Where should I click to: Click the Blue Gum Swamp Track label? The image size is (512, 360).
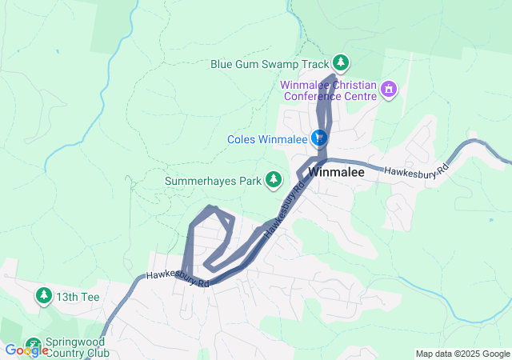[x=270, y=63]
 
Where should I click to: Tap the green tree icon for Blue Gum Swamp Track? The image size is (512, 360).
[x=341, y=62]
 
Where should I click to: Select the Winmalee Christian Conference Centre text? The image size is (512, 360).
[x=328, y=90]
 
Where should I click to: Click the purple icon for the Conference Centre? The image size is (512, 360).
[x=389, y=88]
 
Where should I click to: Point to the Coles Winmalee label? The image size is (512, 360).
[x=267, y=139]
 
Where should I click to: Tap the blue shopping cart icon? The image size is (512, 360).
[x=320, y=138]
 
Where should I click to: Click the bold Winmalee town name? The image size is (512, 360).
[x=336, y=172]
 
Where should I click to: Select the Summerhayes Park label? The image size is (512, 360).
[x=214, y=181]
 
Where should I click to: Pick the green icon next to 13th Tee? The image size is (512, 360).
[x=42, y=296]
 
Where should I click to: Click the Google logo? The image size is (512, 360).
[x=26, y=350]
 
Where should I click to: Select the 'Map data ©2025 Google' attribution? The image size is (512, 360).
[x=462, y=354]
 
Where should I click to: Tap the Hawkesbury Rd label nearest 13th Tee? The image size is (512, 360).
[x=178, y=280]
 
